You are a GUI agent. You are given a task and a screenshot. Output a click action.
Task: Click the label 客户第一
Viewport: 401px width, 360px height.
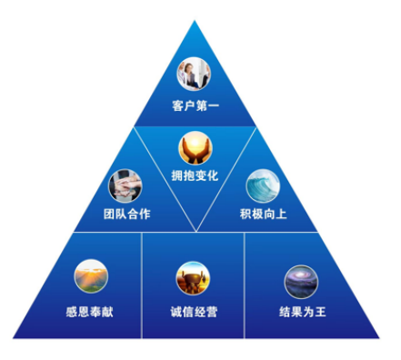click(x=195, y=107)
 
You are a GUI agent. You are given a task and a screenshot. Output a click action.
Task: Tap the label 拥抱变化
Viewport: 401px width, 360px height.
click(x=195, y=175)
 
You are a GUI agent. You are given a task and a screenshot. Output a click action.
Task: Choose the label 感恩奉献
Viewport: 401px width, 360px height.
click(x=90, y=311)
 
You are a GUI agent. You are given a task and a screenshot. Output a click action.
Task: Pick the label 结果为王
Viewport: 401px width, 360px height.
click(x=303, y=311)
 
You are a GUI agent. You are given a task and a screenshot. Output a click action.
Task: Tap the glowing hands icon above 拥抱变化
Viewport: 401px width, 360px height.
click(x=195, y=146)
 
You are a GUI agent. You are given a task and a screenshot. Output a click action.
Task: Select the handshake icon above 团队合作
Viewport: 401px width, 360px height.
click(x=125, y=185)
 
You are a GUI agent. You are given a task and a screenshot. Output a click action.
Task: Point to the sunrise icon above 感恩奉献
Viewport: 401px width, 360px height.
click(x=90, y=277)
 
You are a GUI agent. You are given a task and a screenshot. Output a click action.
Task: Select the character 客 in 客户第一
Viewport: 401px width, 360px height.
click(x=176, y=107)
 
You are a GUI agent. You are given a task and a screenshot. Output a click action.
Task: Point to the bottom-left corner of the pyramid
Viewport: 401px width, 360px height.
click(x=13, y=338)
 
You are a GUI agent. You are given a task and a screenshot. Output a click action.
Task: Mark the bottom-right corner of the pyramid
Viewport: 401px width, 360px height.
click(x=381, y=338)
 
